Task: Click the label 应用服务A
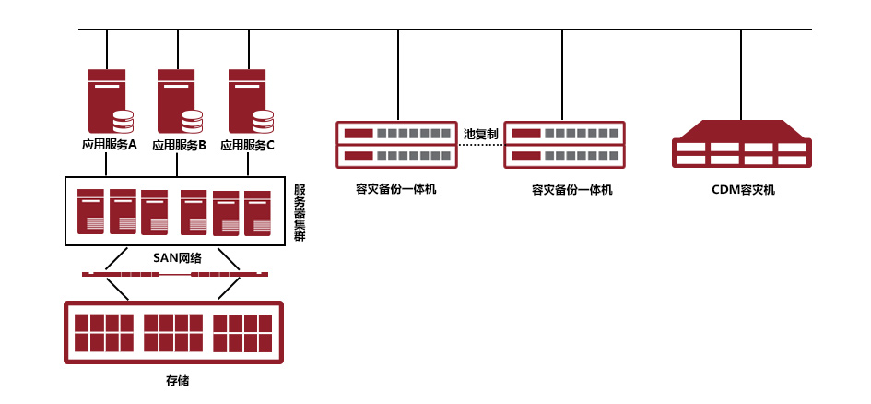coord(110,145)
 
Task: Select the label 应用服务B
coord(179,146)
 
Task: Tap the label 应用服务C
coord(247,146)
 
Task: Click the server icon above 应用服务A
coord(111,101)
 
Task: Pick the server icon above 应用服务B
coord(180,101)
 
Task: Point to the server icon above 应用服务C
coord(251,101)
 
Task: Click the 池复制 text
coord(480,134)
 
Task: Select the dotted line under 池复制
coord(481,145)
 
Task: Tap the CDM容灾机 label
coord(743,190)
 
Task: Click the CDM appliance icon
coord(742,144)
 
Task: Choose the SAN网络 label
coord(177,258)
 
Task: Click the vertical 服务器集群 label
coord(300,213)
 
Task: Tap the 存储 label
coord(177,381)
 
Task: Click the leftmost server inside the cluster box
coord(90,212)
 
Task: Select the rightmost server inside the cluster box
coord(257,213)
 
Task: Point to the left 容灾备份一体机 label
coord(396,189)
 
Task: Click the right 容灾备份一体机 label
coord(571,190)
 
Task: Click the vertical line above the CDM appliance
coord(741,75)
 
